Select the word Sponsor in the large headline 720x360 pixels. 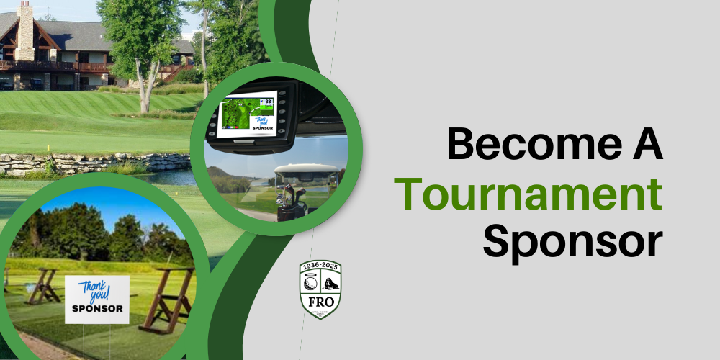click(x=572, y=242)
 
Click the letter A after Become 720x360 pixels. click(x=643, y=144)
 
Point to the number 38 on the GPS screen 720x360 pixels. click(x=268, y=102)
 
